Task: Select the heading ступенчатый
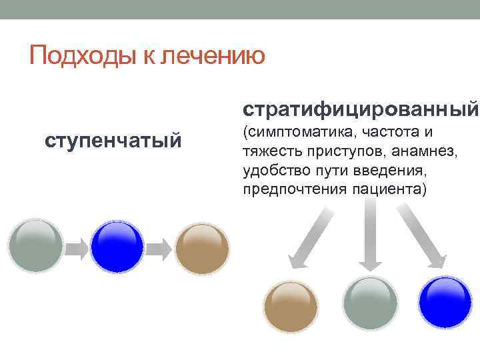[113, 141]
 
